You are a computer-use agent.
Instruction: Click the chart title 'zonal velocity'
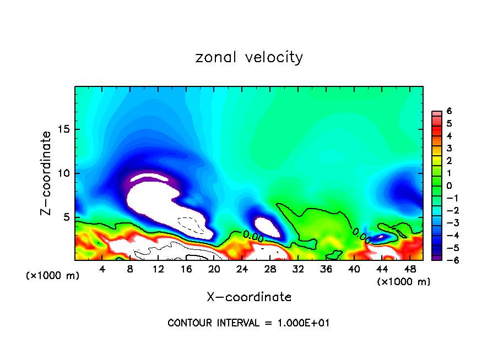pos(249,57)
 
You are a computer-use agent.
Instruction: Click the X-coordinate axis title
pos(249,297)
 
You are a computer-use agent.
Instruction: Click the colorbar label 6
pos(449,111)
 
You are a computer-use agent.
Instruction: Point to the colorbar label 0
pos(449,186)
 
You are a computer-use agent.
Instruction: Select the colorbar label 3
pos(449,148)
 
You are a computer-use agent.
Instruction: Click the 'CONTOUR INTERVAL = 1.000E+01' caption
pos(248,323)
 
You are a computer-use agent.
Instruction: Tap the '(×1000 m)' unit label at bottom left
pos(53,276)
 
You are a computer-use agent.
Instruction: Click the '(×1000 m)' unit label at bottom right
pos(404,282)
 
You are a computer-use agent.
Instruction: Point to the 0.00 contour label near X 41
pos(361,235)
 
